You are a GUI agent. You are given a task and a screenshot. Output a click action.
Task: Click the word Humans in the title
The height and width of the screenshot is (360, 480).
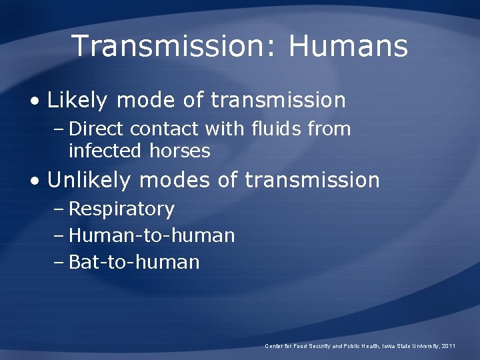click(348, 46)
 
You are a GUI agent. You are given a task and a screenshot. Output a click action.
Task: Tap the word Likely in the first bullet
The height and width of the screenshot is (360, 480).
click(77, 101)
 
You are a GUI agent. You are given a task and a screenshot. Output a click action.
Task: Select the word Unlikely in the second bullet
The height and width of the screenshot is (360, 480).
click(90, 180)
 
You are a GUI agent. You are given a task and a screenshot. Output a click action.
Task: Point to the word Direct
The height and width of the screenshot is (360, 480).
click(97, 129)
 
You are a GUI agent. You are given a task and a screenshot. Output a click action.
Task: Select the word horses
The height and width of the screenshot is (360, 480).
click(180, 151)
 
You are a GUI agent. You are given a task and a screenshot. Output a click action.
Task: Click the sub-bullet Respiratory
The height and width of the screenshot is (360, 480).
click(121, 209)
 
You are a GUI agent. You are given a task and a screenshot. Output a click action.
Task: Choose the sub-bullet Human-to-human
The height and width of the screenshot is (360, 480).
click(151, 235)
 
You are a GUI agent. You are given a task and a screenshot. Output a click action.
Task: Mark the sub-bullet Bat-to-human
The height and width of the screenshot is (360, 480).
click(134, 262)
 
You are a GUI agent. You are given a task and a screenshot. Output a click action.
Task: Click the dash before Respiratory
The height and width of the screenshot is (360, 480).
click(58, 209)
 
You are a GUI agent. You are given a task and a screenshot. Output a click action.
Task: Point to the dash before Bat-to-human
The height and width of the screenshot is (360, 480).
click(58, 263)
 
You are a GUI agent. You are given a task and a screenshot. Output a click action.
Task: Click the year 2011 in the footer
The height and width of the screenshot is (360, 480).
click(449, 346)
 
